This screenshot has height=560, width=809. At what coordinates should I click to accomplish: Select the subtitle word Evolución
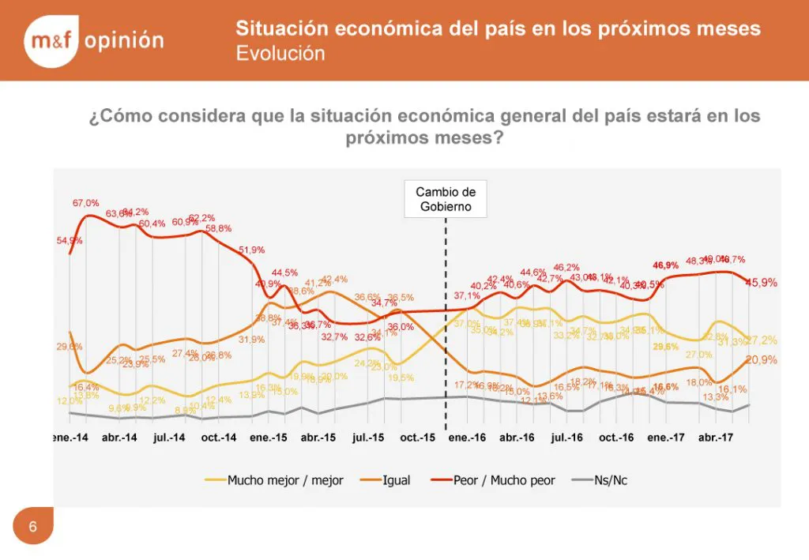pyautogui.click(x=280, y=54)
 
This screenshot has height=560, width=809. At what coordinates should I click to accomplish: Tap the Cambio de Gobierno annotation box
pyautogui.click(x=446, y=199)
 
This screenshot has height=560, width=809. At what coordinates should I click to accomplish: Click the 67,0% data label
pyautogui.click(x=86, y=203)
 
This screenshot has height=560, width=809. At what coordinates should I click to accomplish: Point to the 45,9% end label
pyautogui.click(x=762, y=283)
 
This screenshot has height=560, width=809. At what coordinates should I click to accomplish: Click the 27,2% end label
pyautogui.click(x=762, y=340)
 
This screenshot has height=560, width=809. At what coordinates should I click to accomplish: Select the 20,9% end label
pyautogui.click(x=762, y=359)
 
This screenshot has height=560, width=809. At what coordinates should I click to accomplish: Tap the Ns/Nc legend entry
pyautogui.click(x=611, y=479)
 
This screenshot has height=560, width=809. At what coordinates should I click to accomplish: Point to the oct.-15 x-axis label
pyautogui.click(x=417, y=438)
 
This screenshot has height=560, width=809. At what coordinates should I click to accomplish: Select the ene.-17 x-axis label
pyautogui.click(x=666, y=438)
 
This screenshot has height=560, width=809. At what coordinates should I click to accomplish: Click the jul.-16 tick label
pyautogui.click(x=566, y=438)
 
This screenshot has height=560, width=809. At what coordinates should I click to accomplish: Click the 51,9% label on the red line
pyautogui.click(x=252, y=250)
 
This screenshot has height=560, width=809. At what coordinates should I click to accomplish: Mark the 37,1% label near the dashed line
pyautogui.click(x=467, y=295)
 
